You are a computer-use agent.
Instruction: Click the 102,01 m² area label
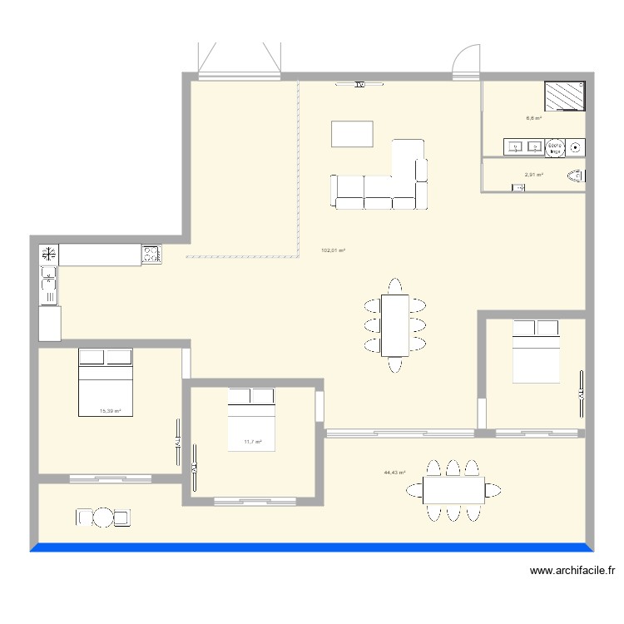click(x=333, y=250)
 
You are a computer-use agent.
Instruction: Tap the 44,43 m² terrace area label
click(x=394, y=473)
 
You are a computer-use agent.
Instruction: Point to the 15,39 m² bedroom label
click(x=111, y=411)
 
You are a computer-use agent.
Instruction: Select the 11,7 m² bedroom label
click(x=253, y=443)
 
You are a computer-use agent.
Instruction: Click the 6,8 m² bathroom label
click(x=533, y=118)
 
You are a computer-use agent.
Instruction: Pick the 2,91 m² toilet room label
click(x=533, y=175)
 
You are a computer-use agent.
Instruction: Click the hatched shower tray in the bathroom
click(x=565, y=96)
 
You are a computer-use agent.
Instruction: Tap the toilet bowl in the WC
click(x=575, y=176)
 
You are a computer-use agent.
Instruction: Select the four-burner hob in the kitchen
click(x=151, y=254)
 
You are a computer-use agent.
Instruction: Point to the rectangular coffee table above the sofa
click(x=352, y=134)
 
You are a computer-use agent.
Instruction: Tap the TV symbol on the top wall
click(x=359, y=84)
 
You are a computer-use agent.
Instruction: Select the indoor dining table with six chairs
click(x=394, y=324)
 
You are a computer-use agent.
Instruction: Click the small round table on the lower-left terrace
click(x=103, y=518)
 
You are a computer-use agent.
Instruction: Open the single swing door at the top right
click(x=466, y=62)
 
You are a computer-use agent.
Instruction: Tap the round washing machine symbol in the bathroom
click(x=577, y=148)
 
